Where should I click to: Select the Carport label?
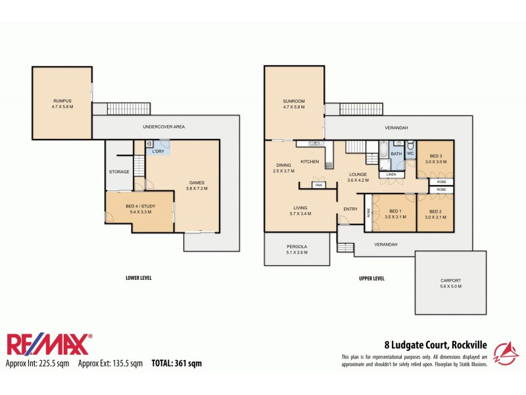click(450, 282)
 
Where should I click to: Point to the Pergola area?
click(297, 249)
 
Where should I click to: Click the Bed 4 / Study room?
click(139, 209)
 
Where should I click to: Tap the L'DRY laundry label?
click(158, 152)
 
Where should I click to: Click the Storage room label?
click(119, 172)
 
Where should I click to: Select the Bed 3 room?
click(436, 158)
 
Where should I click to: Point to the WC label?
click(410, 154)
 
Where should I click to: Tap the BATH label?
click(396, 154)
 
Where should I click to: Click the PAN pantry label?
click(318, 185)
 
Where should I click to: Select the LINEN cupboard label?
click(391, 174)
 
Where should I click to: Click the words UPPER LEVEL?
click(371, 278)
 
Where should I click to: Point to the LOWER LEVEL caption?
click(138, 278)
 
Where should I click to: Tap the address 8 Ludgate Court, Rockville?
click(435, 344)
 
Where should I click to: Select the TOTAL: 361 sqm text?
click(176, 363)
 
